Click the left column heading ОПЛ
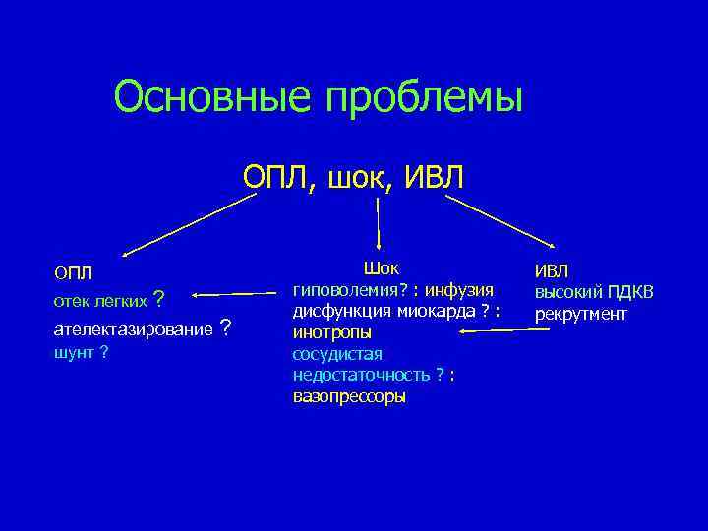tap(73, 271)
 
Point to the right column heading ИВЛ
tap(552, 271)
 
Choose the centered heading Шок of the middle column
tap(382, 267)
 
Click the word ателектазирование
tap(133, 328)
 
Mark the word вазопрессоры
tap(349, 397)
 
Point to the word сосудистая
tap(337, 354)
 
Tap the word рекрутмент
tap(581, 314)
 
